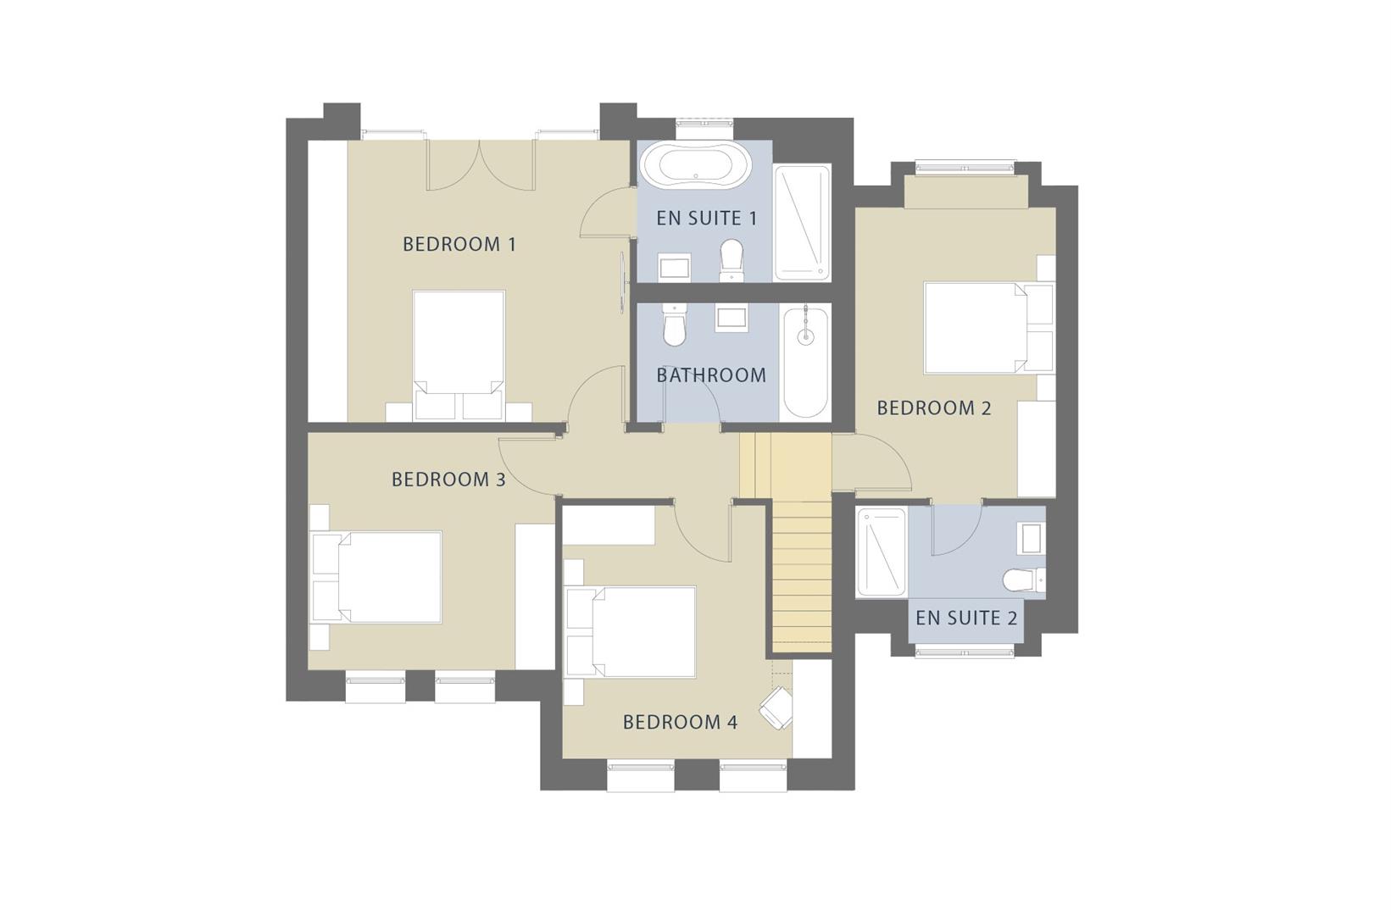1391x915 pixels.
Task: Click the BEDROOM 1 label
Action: coord(459,244)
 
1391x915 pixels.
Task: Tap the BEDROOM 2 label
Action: coord(933,408)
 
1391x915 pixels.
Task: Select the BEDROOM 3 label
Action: coord(448,480)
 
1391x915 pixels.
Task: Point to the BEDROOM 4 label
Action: coord(680,722)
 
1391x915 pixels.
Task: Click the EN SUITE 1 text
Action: coord(706,218)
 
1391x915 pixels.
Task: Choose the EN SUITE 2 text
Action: coord(965,618)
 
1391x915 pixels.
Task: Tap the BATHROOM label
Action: coord(710,374)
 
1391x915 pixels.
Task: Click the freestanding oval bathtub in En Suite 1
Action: coord(695,165)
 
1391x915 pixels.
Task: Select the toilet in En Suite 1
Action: coord(731,259)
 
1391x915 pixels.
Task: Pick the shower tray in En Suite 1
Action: coord(802,222)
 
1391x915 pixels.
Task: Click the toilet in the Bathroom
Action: coord(674,326)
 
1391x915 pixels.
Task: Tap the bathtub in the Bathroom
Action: coord(804,362)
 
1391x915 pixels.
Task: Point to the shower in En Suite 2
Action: coord(882,551)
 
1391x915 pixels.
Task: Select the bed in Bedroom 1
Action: coord(459,352)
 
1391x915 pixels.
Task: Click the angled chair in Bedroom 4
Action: coord(776,707)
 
